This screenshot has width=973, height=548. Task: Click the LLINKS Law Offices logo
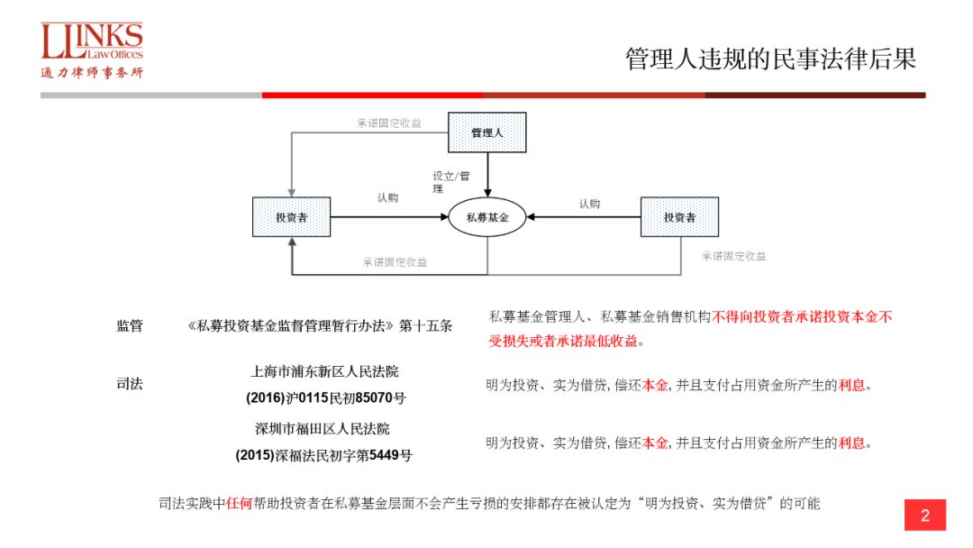(x=91, y=50)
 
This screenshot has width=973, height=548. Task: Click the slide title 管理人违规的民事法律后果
(x=770, y=59)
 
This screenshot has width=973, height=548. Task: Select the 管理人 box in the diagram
(x=486, y=132)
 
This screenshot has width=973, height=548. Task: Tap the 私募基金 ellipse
(x=487, y=217)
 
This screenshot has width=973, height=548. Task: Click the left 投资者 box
(x=291, y=217)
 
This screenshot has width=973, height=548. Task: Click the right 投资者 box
(x=679, y=217)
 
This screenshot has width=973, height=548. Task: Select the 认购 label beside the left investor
(x=387, y=197)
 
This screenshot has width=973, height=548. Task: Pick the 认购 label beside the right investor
(x=589, y=204)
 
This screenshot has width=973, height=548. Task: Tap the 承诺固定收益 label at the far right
(x=734, y=256)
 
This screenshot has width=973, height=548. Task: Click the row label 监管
(x=129, y=326)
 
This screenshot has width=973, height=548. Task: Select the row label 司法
(x=129, y=383)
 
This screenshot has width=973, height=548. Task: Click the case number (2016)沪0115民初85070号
(x=325, y=397)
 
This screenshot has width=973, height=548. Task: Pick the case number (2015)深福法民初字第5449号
(x=324, y=455)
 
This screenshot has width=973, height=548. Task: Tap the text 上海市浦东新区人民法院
(x=324, y=370)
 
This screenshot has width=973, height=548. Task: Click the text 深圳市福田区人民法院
(x=324, y=429)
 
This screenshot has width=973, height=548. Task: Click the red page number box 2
(x=924, y=516)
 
